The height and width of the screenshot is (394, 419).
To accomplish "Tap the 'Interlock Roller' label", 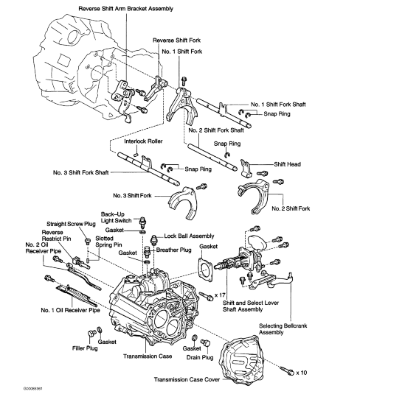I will [x=145, y=140].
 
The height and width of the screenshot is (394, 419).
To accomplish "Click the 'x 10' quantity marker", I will [x=299, y=372].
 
